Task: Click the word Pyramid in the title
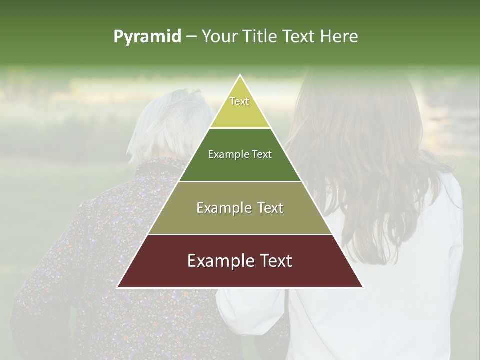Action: pyautogui.click(x=147, y=37)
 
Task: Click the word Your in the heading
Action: pyautogui.click(x=219, y=37)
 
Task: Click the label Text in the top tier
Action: pyautogui.click(x=239, y=101)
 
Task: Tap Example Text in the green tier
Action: pyautogui.click(x=240, y=154)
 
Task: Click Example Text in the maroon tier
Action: pyautogui.click(x=240, y=261)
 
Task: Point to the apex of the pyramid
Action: pyautogui.click(x=240, y=76)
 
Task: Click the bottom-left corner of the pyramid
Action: pyautogui.click(x=118, y=287)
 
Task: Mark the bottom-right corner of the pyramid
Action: pyautogui.click(x=362, y=287)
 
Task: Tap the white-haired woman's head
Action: pyautogui.click(x=170, y=125)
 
